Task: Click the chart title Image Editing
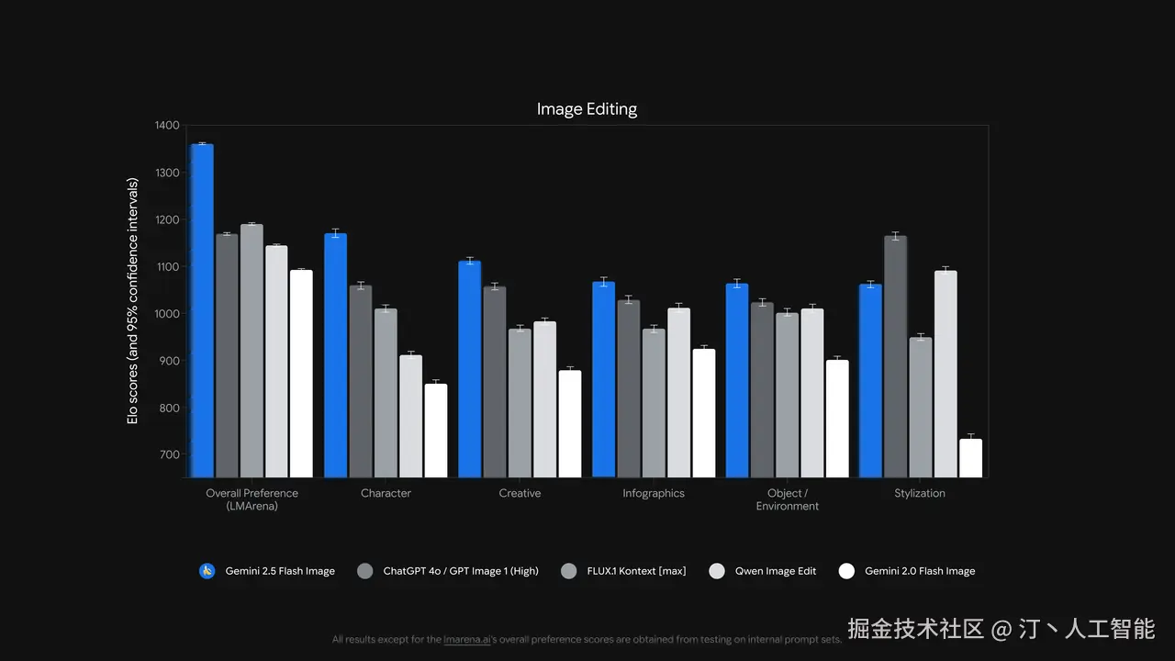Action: tap(587, 109)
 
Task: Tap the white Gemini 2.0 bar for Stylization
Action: tap(970, 458)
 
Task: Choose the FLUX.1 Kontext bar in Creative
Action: tap(520, 403)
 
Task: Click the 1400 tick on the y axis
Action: tap(167, 125)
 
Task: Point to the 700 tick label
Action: tap(170, 454)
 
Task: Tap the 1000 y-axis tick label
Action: tap(167, 314)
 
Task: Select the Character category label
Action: tap(386, 494)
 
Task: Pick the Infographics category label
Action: tap(654, 494)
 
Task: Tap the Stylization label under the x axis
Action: tap(920, 494)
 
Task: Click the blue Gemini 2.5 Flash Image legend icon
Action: tap(207, 571)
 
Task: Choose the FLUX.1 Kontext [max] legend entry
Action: tap(636, 571)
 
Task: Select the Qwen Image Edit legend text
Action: tap(776, 571)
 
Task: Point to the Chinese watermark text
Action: tap(1002, 629)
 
